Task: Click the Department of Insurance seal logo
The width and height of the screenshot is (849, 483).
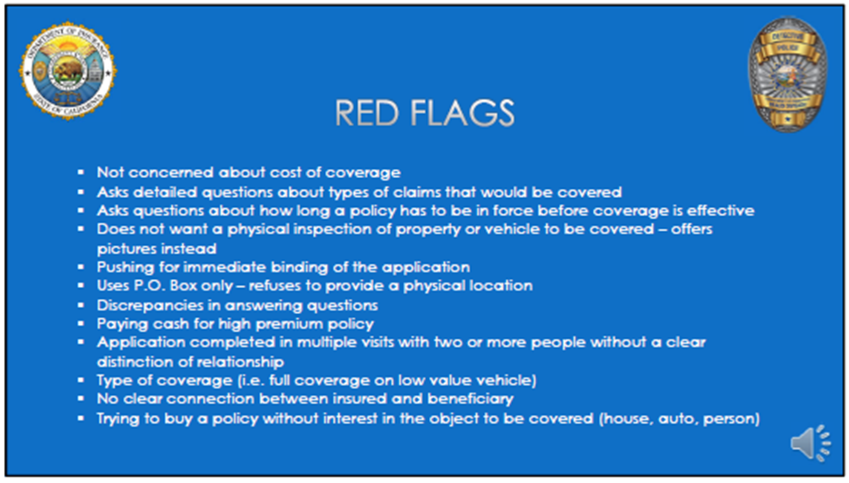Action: click(x=67, y=71)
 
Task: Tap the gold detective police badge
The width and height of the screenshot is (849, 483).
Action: click(x=787, y=74)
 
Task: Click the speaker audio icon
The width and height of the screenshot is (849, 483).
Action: click(x=810, y=443)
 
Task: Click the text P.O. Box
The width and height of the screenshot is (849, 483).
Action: click(x=161, y=286)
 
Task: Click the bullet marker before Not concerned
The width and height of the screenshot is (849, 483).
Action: click(x=81, y=172)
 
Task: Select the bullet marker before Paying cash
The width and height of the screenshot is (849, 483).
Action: click(x=81, y=324)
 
